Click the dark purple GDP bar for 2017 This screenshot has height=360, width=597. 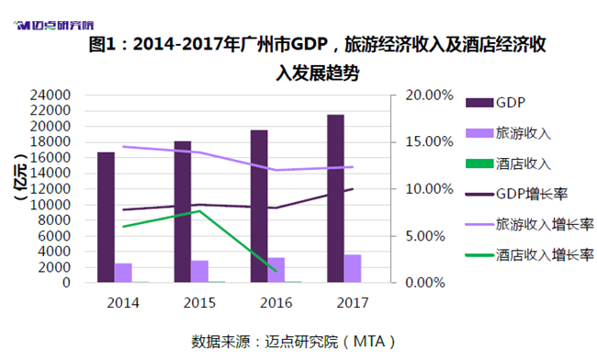coord(335,198)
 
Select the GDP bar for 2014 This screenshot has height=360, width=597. coord(106,218)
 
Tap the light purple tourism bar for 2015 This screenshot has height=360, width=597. coord(199,271)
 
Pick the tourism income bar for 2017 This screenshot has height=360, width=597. coord(353,268)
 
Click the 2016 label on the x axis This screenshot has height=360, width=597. coord(276,303)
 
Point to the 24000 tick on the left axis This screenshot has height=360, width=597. coord(51,95)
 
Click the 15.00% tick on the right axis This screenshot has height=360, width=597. coord(429,142)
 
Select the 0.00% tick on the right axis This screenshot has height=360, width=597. coord(425,283)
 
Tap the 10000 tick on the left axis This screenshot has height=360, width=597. coord(51,205)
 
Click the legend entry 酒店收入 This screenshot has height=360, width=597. coord(508,163)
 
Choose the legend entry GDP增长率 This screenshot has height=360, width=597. coord(517,194)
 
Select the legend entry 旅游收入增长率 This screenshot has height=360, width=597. coord(530,224)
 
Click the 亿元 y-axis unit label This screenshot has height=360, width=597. coord(20,177)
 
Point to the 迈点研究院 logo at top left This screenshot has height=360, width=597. coord(53,26)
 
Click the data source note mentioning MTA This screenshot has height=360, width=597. coord(293,342)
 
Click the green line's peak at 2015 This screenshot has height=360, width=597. coord(199,211)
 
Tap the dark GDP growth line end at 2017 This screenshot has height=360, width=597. coord(353,189)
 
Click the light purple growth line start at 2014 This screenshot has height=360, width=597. coord(123,147)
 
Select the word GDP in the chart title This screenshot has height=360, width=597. coord(310,44)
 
